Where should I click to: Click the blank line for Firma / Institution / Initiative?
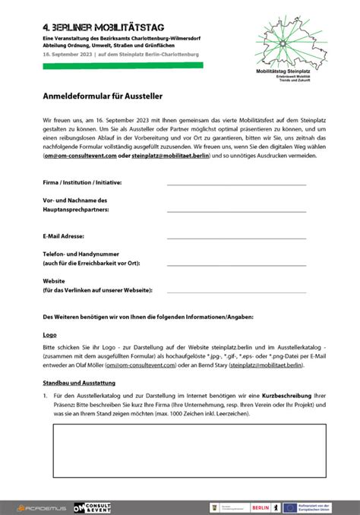pos(235,185)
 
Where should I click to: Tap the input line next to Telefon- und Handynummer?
pos(235,264)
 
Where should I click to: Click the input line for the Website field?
pos(235,291)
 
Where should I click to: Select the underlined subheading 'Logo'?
pos(49,333)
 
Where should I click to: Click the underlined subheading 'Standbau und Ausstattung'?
pos(78,382)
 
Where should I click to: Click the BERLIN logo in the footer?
pos(260,507)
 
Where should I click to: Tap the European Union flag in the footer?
pos(292,507)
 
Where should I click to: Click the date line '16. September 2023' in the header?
pos(72,54)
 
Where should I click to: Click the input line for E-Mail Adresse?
pos(235,238)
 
